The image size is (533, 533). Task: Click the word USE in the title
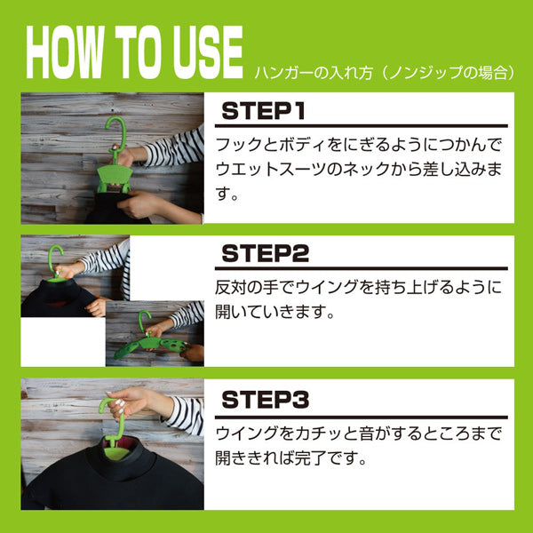click(x=208, y=52)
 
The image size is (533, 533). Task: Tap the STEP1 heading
click(x=264, y=111)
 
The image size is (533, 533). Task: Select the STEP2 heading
click(x=265, y=253)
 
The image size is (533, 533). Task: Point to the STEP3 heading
click(x=265, y=400)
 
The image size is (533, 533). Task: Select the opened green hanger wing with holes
click(x=174, y=345)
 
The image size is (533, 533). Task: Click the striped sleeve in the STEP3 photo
click(x=186, y=416)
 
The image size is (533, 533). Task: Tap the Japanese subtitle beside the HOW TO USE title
click(x=385, y=73)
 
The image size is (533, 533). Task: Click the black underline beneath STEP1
click(x=362, y=126)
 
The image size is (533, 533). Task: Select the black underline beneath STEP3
click(x=362, y=418)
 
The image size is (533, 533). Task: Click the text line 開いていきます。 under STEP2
click(x=275, y=312)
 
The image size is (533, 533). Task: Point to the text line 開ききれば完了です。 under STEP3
click(x=291, y=457)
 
